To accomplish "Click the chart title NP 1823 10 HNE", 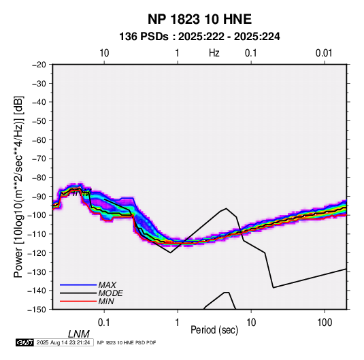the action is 199,19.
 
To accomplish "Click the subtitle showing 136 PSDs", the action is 199,37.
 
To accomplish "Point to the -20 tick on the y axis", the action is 39,65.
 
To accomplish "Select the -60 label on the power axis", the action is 39,140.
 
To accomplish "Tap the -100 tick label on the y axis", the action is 37,215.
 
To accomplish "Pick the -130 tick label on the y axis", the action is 37,272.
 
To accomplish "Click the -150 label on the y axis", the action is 37,310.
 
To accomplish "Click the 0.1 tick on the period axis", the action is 104,323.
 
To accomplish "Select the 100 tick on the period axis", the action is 325,323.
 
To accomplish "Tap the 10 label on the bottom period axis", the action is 251,323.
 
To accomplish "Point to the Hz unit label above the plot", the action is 214,53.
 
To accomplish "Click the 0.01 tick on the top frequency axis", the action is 324,53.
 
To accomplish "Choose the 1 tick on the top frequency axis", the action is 177,53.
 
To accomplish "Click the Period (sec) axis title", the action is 214,330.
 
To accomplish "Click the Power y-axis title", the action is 18,186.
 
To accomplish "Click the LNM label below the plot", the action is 79,334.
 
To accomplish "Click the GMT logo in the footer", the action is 24,342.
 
